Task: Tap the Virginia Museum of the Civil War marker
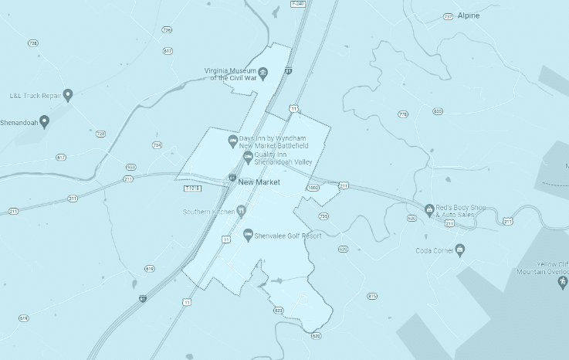(x=262, y=73)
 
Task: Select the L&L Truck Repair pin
(x=68, y=95)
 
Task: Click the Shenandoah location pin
(x=45, y=121)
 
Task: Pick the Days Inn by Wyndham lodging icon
(x=232, y=141)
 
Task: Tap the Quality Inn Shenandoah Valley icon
(x=248, y=158)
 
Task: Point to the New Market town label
(x=259, y=182)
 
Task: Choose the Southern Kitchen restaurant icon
(x=241, y=210)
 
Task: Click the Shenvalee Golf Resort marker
(x=248, y=235)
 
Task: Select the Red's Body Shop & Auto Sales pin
(x=430, y=209)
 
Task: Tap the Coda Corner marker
(x=460, y=250)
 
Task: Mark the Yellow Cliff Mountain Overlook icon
(x=562, y=281)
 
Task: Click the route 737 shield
(x=449, y=15)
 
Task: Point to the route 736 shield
(x=167, y=30)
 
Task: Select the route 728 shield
(x=32, y=42)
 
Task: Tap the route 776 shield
(x=403, y=114)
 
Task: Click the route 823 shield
(x=278, y=310)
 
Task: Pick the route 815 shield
(x=372, y=296)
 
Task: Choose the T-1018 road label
(x=192, y=188)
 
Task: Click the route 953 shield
(x=130, y=167)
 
